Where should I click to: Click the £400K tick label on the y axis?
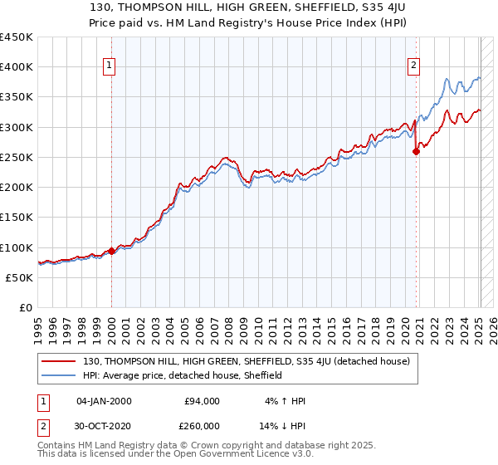click(x=17, y=67)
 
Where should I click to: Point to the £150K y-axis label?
click(x=17, y=218)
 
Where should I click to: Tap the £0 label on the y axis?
click(x=25, y=308)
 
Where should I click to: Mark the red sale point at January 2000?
click(x=112, y=251)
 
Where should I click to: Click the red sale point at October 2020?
click(x=416, y=151)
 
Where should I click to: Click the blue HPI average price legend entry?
click(x=183, y=375)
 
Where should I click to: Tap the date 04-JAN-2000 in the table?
click(x=104, y=401)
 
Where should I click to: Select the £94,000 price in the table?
click(x=203, y=401)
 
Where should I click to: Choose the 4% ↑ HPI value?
click(x=285, y=401)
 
